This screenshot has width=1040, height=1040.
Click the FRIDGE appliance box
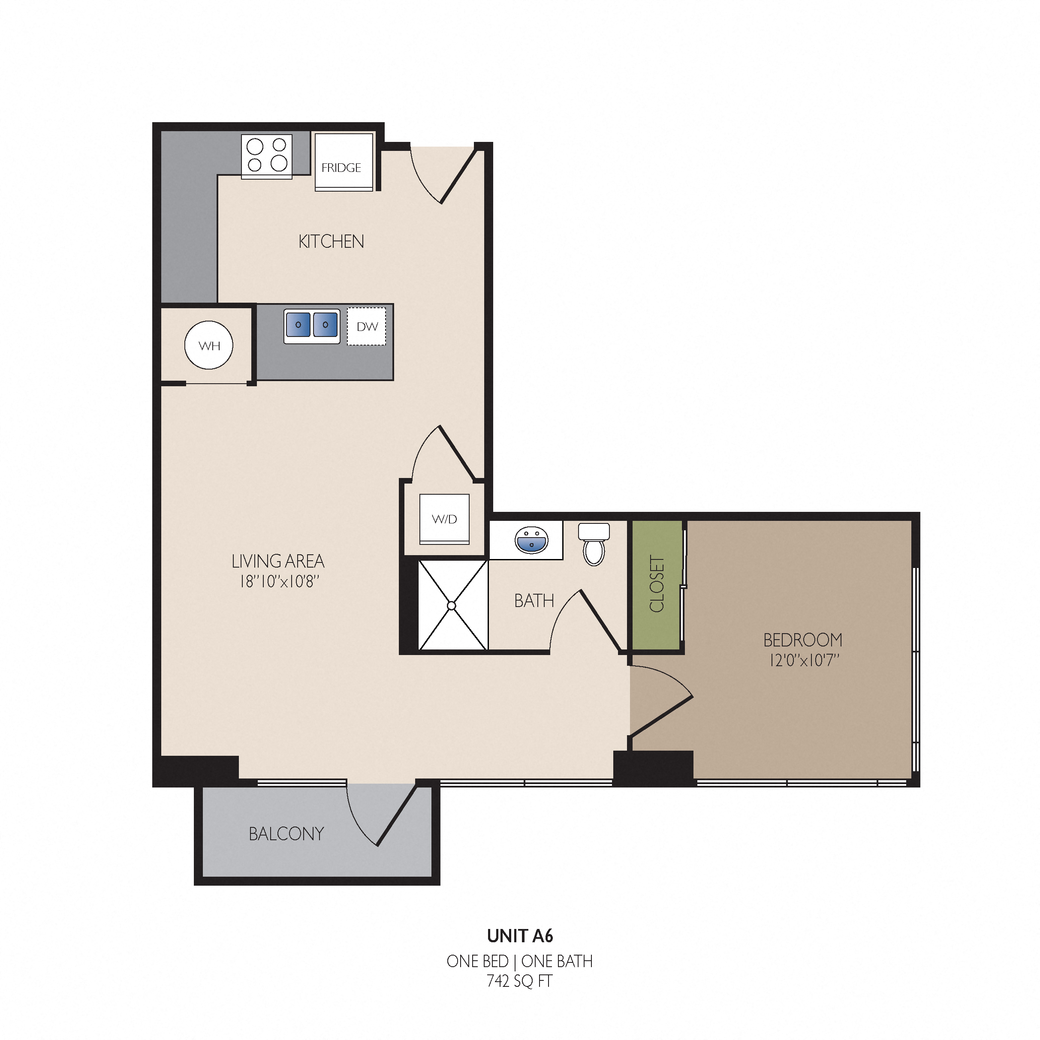click(344, 162)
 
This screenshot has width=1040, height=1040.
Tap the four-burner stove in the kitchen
click(267, 156)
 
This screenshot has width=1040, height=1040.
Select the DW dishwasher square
click(366, 326)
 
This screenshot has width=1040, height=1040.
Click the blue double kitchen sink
click(312, 326)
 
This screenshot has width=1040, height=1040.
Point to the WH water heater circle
click(209, 345)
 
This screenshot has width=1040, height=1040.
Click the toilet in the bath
click(594, 544)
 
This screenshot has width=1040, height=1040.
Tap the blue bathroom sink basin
click(532, 540)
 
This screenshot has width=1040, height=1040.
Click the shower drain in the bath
click(451, 606)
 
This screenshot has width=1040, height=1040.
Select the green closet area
click(656, 585)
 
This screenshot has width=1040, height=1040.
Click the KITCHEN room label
click(331, 242)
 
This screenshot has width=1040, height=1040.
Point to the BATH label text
click(534, 601)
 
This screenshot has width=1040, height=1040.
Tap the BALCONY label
click(286, 834)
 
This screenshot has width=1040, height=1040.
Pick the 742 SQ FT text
click(520, 981)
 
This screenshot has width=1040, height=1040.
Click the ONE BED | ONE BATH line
click(520, 961)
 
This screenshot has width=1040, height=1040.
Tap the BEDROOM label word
click(802, 640)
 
